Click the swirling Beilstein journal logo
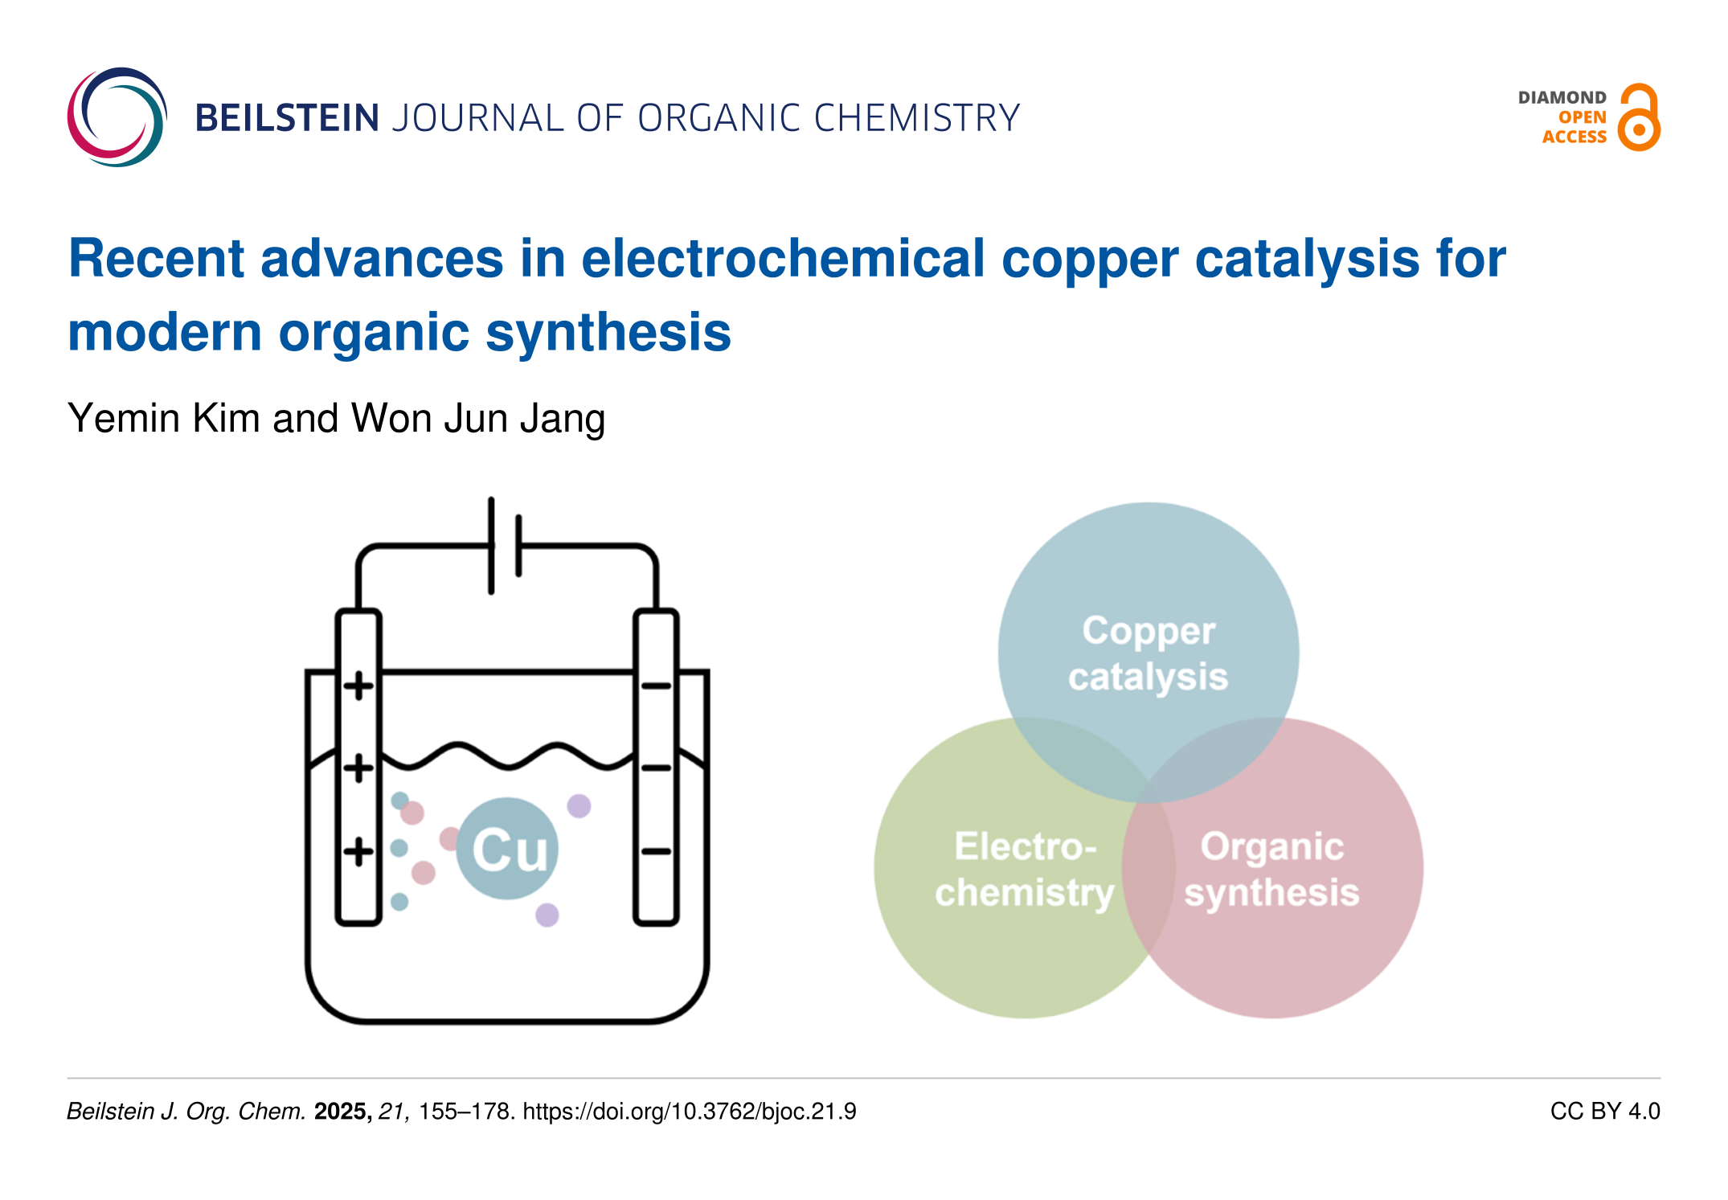(117, 117)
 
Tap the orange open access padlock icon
(1639, 118)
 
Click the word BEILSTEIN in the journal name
(287, 118)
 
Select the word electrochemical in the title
(783, 259)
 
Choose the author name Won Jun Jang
(478, 419)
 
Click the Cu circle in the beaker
(507, 848)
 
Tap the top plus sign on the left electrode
(358, 686)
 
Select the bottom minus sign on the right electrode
(656, 851)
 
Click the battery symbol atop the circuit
(505, 546)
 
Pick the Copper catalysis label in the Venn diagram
(1149, 653)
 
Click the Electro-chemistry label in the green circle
(1025, 869)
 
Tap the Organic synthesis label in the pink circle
(1272, 869)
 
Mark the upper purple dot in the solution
(579, 805)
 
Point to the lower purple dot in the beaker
(547, 915)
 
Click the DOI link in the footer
(689, 1112)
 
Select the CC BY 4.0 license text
(1604, 1112)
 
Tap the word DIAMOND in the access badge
(1562, 98)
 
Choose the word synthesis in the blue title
(608, 333)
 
